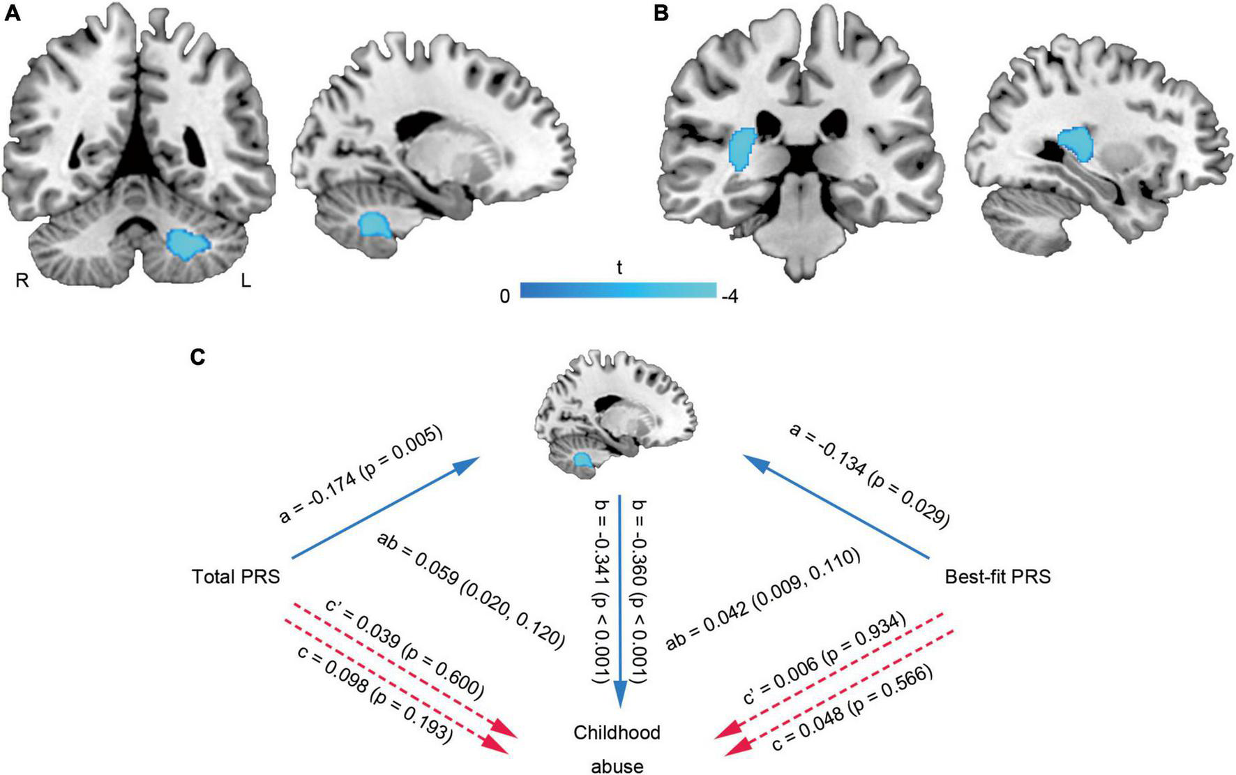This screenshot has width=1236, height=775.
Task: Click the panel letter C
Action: click(197, 357)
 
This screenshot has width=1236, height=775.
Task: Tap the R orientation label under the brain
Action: click(22, 281)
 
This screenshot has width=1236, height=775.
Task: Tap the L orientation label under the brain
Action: click(246, 281)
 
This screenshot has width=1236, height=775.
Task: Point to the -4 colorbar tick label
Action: click(730, 297)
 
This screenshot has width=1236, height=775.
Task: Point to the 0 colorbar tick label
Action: click(504, 297)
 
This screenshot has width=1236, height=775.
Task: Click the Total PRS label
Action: click(236, 577)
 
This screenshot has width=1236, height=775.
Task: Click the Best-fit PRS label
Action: click(997, 577)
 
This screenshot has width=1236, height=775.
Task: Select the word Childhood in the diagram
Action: click(617, 733)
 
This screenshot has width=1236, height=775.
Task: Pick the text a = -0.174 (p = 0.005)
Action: click(361, 476)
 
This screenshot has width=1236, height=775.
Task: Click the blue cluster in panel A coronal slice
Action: click(188, 243)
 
